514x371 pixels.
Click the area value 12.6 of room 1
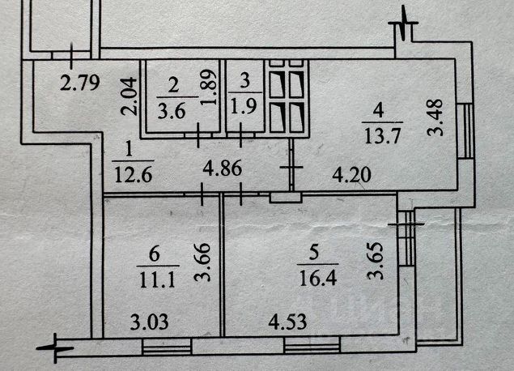coord(128,173)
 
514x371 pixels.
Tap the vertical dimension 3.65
coord(373,262)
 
